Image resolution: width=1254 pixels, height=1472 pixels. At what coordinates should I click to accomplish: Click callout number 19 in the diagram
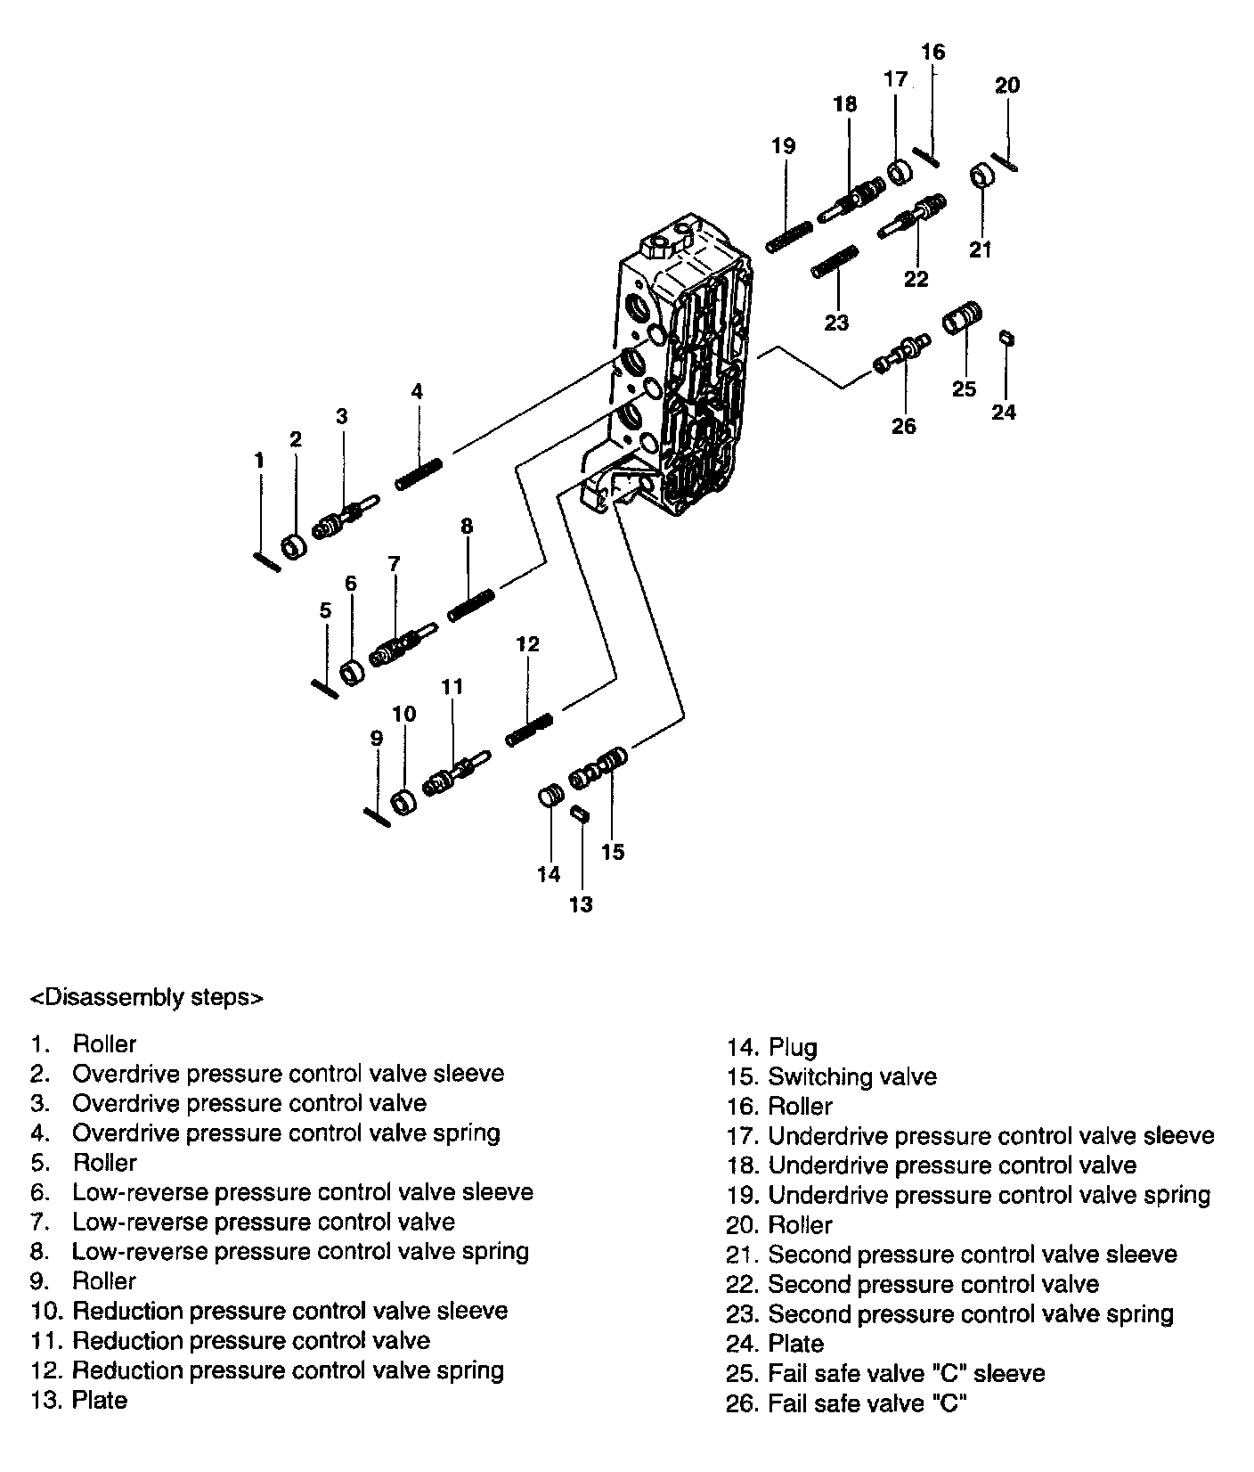point(784,146)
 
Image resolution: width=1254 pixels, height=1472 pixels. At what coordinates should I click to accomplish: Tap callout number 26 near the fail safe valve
point(903,427)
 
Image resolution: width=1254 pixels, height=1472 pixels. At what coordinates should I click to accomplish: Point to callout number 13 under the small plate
point(581,905)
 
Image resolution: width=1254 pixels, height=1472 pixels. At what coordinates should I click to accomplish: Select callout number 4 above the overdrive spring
point(417,391)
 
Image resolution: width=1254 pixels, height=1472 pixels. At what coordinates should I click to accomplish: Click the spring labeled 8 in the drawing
point(471,606)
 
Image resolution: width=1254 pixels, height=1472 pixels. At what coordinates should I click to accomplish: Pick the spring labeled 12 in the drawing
point(530,728)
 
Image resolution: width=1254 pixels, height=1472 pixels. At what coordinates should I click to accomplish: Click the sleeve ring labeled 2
point(293,547)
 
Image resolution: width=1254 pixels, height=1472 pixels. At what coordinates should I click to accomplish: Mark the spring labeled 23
point(835,263)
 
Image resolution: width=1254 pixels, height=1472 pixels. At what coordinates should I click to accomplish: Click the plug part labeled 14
point(550,795)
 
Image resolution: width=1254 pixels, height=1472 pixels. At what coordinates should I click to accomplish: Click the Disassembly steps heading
point(147,997)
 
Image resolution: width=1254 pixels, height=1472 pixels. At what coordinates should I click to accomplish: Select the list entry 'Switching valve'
point(851,1077)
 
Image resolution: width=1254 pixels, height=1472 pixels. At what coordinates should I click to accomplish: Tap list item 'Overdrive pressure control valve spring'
point(286,1133)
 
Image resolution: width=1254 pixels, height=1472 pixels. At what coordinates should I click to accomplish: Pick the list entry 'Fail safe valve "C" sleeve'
point(906,1374)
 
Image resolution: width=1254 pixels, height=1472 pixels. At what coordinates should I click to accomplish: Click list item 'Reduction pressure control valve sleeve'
point(289,1312)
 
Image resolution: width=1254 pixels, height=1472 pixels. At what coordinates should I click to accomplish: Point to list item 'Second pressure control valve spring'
point(970,1314)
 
